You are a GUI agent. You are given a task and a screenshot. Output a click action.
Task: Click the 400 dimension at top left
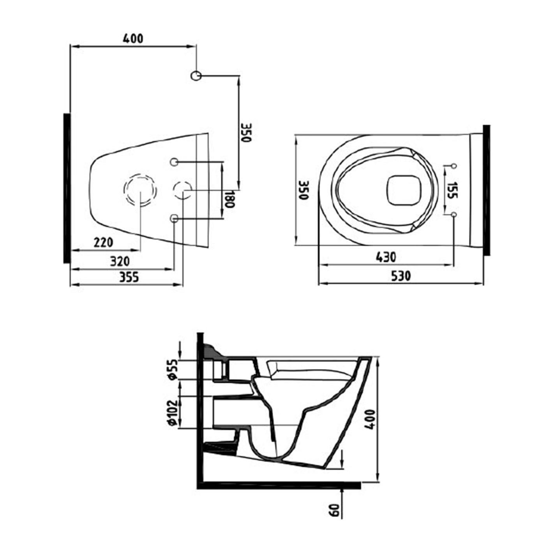pos(133,39)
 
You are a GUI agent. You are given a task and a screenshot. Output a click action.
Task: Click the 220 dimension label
pos(104,243)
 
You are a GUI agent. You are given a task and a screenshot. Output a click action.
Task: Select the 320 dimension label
pos(120,261)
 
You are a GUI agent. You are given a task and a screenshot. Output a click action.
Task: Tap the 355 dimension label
pos(129,277)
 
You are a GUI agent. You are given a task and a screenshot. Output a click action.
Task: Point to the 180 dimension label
pos(229,199)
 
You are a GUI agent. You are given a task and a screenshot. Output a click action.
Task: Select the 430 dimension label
pos(386,257)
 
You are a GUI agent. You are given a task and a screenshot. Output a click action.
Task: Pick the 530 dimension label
pos(401,276)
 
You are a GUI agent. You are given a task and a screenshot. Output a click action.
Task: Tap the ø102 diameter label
pos(173,412)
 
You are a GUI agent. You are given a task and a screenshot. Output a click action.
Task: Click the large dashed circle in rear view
pos(140,190)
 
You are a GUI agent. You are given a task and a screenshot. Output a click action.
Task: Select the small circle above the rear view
pos(196,76)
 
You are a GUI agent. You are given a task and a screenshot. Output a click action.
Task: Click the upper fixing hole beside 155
pos(454,166)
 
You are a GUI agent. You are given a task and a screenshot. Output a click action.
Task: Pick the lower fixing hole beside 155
pos(454,214)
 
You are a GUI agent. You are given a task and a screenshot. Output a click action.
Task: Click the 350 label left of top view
pos(304,190)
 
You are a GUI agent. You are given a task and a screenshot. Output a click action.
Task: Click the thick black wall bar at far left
pos(67,188)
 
